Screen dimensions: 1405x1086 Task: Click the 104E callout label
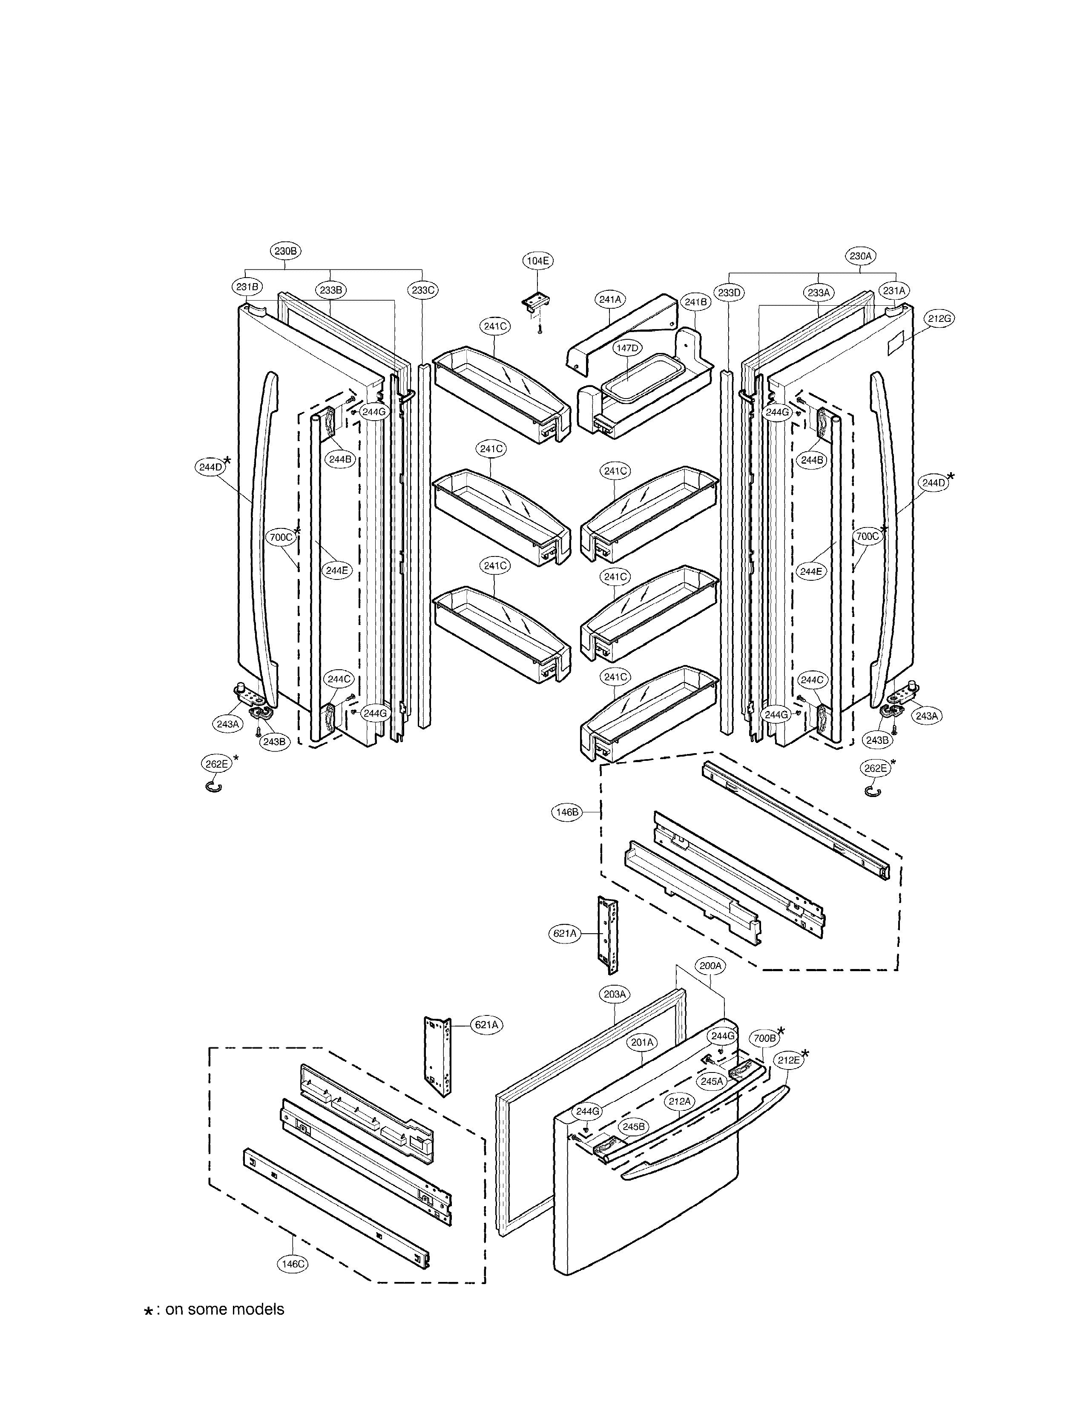(x=537, y=261)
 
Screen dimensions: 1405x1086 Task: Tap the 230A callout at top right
(x=859, y=255)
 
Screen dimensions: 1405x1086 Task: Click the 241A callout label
(x=610, y=299)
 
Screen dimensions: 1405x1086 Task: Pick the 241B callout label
(x=695, y=302)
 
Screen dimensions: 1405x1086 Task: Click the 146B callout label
(x=567, y=812)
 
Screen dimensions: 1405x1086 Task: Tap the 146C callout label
(x=293, y=1264)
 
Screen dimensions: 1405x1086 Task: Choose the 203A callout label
(x=615, y=994)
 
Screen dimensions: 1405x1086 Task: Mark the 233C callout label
(x=423, y=290)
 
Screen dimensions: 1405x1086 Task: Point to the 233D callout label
(x=730, y=293)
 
